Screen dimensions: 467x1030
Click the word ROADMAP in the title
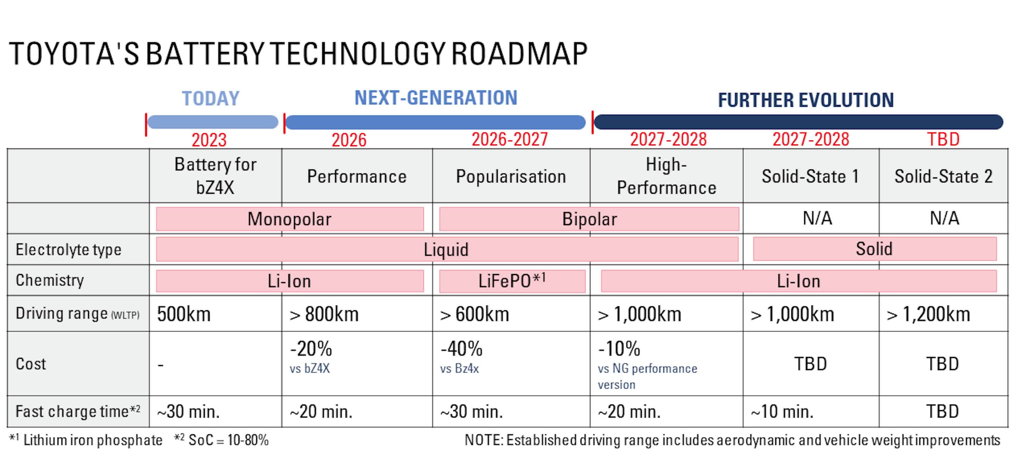click(519, 54)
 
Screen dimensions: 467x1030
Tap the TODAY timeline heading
click(211, 98)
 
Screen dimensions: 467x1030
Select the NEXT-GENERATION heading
click(436, 98)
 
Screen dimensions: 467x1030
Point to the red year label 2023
click(209, 140)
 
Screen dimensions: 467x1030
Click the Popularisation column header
click(511, 177)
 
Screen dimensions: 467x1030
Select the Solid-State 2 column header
click(943, 177)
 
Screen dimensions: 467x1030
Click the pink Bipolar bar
click(589, 219)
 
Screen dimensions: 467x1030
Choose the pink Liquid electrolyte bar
click(446, 249)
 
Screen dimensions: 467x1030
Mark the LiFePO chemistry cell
click(512, 281)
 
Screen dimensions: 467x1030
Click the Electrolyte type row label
click(68, 249)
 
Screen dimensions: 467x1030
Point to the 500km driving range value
click(184, 314)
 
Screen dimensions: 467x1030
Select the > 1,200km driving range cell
click(928, 314)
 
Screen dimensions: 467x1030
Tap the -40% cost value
click(461, 349)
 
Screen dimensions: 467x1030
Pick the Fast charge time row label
click(78, 411)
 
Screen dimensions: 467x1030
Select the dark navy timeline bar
click(798, 122)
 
